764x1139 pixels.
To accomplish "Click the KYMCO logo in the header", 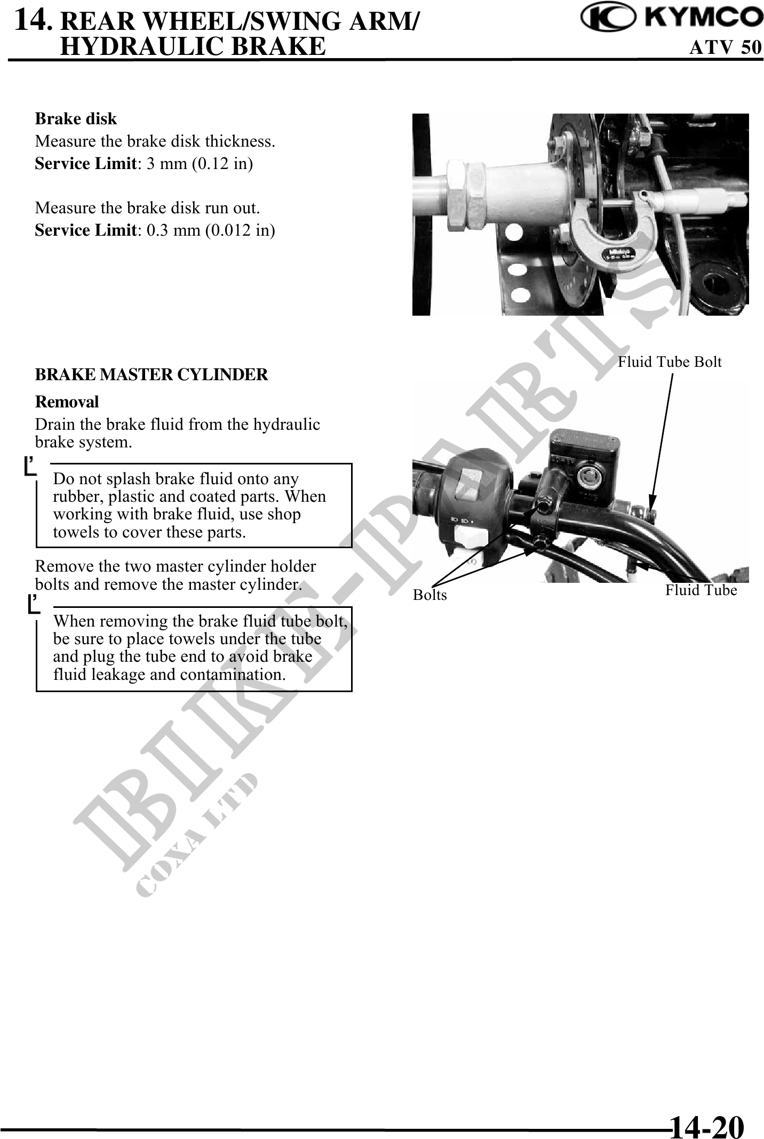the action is tap(672, 18).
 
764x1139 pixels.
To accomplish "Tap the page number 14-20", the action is tap(707, 1112).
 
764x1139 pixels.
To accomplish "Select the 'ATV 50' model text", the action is tap(726, 47).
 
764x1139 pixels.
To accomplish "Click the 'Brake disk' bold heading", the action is tap(76, 118).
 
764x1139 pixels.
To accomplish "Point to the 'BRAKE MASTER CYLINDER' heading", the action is tap(152, 374).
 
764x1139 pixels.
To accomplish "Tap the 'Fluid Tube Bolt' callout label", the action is tap(670, 362).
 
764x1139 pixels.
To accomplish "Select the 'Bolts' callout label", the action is tap(430, 595).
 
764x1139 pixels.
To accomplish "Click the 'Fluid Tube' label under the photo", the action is tap(701, 590).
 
